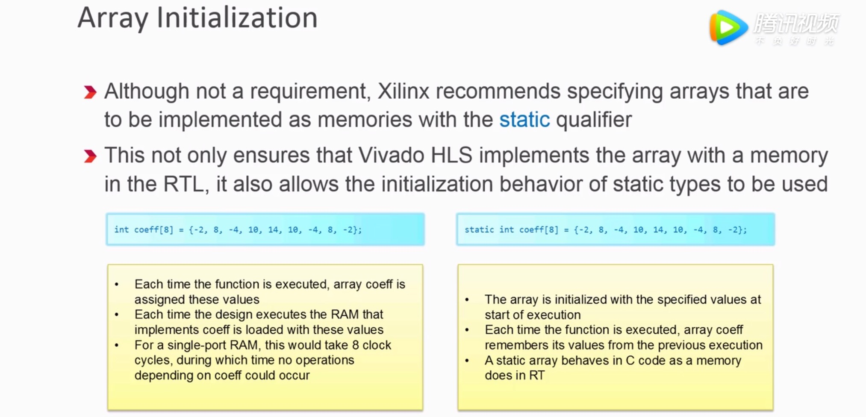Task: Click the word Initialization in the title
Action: [x=237, y=18]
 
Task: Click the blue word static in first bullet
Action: [x=524, y=120]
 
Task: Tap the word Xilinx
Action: [x=403, y=91]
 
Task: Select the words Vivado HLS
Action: [x=415, y=156]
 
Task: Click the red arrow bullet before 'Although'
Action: [x=90, y=92]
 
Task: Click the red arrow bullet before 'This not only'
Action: [x=90, y=156]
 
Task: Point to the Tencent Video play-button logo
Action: [x=728, y=28]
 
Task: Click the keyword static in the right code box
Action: [x=479, y=230]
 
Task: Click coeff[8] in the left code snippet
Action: [x=153, y=230]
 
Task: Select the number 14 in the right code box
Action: [x=658, y=230]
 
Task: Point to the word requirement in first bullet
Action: [x=308, y=91]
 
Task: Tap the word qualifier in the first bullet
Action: [x=594, y=120]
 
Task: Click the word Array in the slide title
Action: [x=112, y=18]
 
